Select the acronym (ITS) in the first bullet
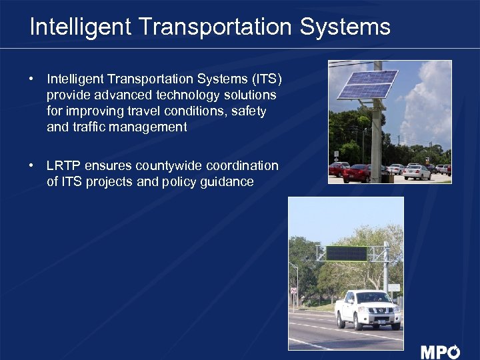[x=265, y=79]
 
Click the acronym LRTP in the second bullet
[x=63, y=165]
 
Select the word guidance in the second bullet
[x=227, y=181]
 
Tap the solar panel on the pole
[x=367, y=84]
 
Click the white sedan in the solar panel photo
[x=417, y=172]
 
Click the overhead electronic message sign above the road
[x=345, y=254]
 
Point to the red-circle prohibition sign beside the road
[x=293, y=291]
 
